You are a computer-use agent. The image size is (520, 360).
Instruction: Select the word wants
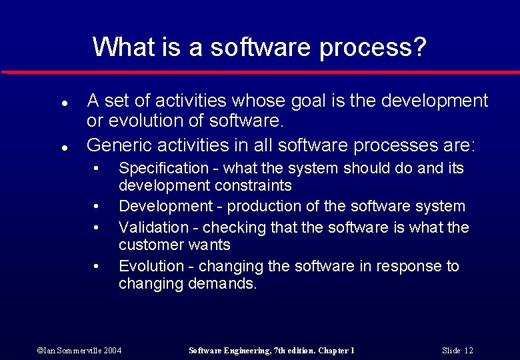point(209,245)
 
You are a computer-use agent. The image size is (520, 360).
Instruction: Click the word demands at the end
point(224,284)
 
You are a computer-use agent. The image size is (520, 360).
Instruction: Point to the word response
point(407,267)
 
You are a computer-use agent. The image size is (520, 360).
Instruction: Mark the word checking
point(233,228)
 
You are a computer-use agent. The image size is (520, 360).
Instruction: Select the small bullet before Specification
point(97,167)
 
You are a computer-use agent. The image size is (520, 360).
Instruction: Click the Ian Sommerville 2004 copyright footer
point(79,350)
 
